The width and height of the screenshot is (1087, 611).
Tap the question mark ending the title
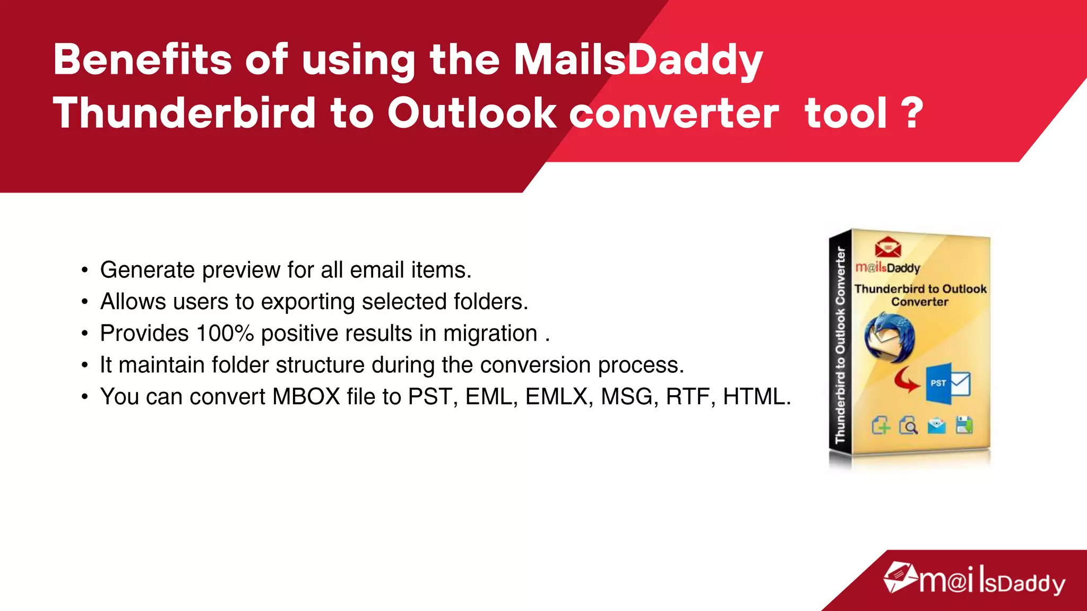(x=912, y=112)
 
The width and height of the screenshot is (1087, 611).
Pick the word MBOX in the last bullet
(x=306, y=397)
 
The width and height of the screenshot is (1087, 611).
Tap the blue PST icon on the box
(x=938, y=383)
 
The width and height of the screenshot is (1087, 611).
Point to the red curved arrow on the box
(x=907, y=380)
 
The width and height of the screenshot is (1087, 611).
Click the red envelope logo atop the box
(x=888, y=247)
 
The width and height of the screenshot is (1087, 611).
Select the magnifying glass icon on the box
(x=909, y=425)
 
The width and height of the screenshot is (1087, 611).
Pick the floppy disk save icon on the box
(x=964, y=425)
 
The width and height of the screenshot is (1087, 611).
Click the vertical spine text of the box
(x=840, y=345)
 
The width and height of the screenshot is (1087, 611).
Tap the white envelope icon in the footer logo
(x=900, y=578)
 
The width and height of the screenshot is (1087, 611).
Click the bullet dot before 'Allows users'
(x=84, y=302)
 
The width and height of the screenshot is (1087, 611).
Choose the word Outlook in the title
(x=471, y=112)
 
